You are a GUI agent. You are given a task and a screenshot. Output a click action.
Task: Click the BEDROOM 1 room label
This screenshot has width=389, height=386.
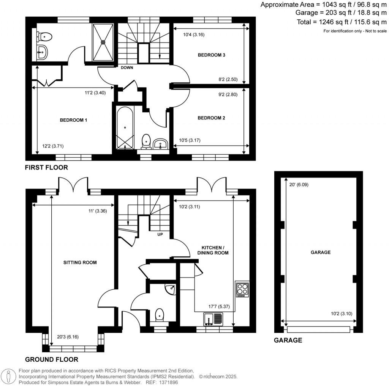[74, 120]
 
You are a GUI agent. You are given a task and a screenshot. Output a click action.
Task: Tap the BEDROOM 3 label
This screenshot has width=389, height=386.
[212, 55]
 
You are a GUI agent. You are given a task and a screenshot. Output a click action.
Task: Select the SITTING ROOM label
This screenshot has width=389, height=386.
[80, 262]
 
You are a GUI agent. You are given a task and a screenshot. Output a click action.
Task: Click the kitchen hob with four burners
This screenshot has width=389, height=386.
[242, 290]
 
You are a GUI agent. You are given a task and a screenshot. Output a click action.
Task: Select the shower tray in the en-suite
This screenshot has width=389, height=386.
[103, 42]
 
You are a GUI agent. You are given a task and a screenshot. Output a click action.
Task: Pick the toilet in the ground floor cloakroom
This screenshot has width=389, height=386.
[160, 315]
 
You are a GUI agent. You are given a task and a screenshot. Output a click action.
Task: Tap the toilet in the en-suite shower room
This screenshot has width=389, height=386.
[44, 37]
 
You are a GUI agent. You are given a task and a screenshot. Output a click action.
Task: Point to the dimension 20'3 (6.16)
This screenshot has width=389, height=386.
[67, 336]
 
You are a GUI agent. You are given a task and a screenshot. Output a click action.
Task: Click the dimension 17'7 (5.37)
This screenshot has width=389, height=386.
[214, 307]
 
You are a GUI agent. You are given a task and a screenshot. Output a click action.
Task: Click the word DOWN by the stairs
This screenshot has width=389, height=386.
[127, 67]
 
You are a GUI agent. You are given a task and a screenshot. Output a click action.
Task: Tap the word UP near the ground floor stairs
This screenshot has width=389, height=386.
[160, 234]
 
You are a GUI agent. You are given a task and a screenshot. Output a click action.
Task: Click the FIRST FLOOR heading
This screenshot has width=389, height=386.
[46, 167]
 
